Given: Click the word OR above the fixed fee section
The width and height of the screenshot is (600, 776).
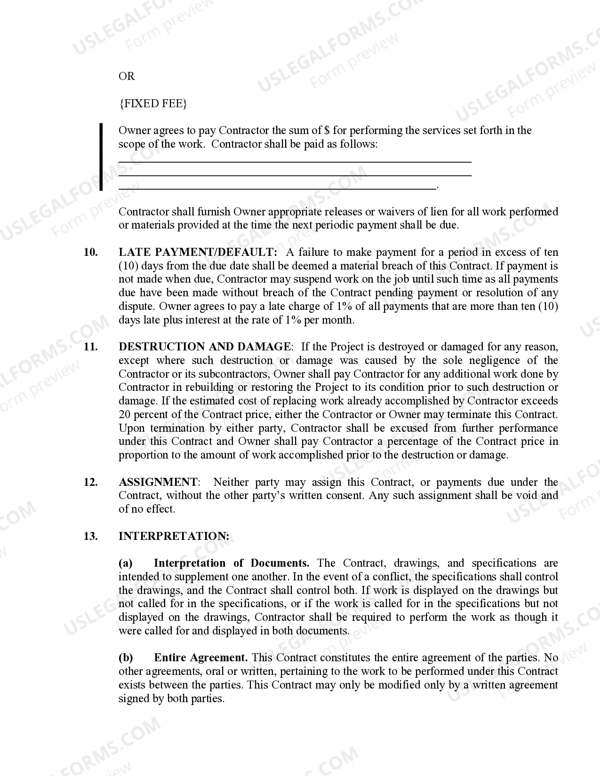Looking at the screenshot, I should [x=127, y=76].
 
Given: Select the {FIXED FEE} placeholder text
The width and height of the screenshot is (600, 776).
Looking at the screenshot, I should [x=153, y=103].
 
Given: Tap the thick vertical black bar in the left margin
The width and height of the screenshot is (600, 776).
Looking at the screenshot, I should [x=101, y=157].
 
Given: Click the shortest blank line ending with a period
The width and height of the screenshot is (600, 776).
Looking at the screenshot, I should [x=278, y=189].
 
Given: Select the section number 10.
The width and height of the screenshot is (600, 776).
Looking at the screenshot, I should [x=90, y=252].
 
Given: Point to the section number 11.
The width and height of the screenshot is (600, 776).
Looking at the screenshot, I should [x=90, y=347].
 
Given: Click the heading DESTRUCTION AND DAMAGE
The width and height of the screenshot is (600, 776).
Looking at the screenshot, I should [x=205, y=347].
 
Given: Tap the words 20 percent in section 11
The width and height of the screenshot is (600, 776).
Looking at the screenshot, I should [x=144, y=415].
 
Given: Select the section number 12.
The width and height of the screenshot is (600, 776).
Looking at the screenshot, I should [x=90, y=483].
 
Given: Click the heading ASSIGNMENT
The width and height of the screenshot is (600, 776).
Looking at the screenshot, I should [x=158, y=483].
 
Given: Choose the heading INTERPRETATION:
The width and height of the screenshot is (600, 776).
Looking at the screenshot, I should [x=174, y=537].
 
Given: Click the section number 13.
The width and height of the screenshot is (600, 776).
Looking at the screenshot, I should [x=90, y=537].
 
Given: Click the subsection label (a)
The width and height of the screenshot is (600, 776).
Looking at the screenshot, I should [x=126, y=563].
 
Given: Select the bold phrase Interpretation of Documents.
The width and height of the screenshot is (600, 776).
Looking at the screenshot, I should [x=232, y=563].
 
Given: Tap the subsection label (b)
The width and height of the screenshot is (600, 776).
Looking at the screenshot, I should [x=126, y=658].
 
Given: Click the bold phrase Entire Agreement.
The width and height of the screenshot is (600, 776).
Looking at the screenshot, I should [x=201, y=658].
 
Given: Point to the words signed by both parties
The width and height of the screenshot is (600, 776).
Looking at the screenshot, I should [x=171, y=699].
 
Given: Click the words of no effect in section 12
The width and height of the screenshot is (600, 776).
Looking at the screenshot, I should [x=146, y=509].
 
